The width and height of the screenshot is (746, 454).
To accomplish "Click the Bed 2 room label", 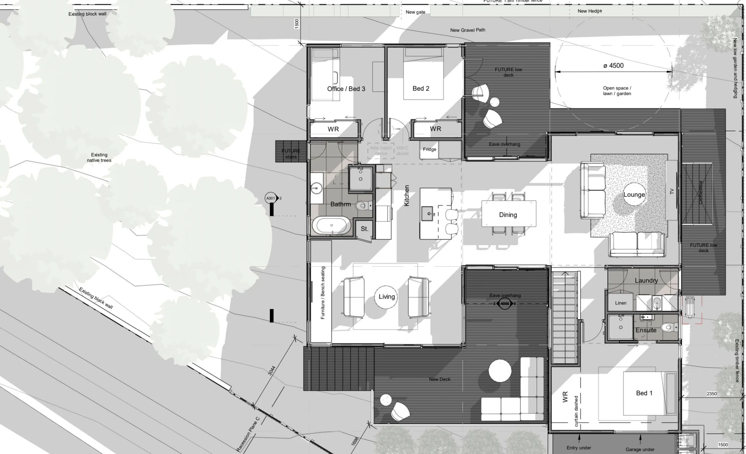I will [421, 88].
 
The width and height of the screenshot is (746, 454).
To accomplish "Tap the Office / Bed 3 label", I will [346, 89].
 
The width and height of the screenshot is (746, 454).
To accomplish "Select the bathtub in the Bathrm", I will [331, 225].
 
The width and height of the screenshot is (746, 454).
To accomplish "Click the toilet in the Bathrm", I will [363, 205].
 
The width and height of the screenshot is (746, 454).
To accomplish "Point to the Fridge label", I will [429, 149].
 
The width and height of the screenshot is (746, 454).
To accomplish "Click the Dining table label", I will [508, 215].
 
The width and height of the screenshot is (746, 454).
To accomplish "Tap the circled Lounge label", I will [634, 195].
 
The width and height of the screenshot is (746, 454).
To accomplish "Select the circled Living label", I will [386, 297].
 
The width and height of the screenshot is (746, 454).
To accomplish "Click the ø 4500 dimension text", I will [613, 66].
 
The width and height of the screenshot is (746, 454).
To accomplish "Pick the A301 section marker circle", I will [271, 198].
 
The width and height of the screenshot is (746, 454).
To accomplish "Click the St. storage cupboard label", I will [364, 229].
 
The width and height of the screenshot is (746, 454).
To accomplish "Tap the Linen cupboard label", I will [620, 303].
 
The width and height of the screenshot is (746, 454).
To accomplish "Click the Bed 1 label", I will [644, 393].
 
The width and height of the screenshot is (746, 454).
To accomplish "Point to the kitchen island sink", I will [427, 214].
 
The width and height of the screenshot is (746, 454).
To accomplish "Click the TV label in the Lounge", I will [672, 191].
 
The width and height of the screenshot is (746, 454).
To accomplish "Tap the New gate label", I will [415, 12].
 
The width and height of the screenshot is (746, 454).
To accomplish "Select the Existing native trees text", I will [99, 158].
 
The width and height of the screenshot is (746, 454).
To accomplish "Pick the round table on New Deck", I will [500, 370].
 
